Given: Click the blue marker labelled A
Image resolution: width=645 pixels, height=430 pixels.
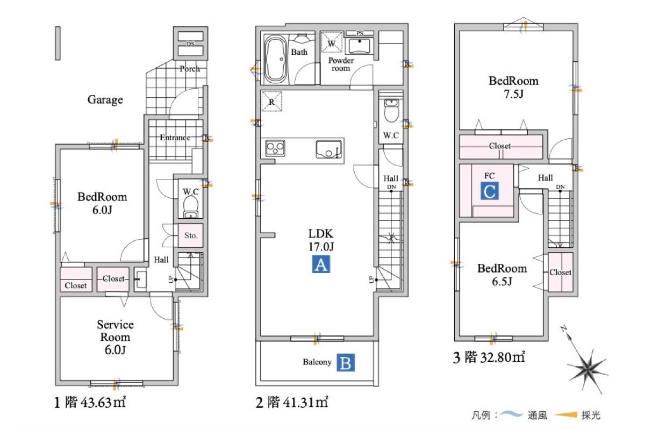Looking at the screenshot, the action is tap(321, 264).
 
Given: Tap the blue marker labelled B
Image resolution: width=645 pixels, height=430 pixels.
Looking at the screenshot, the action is tap(346, 363).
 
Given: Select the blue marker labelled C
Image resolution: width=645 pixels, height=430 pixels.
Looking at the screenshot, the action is tap(490, 191).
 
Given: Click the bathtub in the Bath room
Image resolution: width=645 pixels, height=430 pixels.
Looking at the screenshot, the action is tap(276, 59).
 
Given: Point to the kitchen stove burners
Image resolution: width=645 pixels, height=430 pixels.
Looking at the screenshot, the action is tap(275, 148).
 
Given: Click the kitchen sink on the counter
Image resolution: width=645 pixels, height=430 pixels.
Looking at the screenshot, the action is tap(329, 149).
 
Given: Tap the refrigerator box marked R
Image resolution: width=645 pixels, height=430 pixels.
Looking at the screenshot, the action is tap(271, 101).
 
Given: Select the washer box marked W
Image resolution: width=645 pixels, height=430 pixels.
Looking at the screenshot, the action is tap(332, 42).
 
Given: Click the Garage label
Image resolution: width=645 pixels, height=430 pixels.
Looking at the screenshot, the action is tap(105, 99).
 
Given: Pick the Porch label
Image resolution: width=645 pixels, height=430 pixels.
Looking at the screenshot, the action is tap(189, 69).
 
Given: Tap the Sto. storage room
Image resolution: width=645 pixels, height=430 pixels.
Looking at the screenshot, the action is tap(191, 235).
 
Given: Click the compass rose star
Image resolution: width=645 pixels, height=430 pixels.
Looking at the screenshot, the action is tap(587, 371).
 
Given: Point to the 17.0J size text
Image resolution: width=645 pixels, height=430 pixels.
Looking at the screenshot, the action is tap(321, 247).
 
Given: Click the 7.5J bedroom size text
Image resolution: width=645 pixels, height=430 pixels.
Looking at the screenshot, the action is tap(514, 94).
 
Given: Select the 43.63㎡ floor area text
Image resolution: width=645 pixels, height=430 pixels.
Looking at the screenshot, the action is tap(103, 402).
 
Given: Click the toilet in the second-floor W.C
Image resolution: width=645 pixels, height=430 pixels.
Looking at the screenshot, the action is tap(391, 111).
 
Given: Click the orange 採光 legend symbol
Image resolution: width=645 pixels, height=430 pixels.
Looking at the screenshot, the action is tap(566, 415).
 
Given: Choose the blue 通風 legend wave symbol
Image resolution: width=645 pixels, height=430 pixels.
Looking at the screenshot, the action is tap(511, 414).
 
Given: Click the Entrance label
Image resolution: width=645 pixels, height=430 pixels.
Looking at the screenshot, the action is tap(175, 138).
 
